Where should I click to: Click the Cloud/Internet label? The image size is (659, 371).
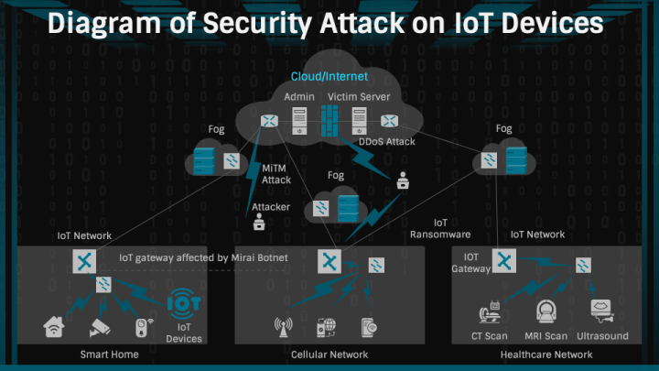tap(329, 76)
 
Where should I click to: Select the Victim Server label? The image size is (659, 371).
tap(359, 96)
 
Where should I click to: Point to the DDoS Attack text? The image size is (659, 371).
tap(386, 141)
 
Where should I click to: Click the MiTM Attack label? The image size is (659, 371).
tap(275, 174)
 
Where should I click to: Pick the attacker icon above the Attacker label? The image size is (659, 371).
tap(259, 223)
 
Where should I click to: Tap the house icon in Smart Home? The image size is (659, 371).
tap(54, 326)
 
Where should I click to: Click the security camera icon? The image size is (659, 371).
tap(99, 326)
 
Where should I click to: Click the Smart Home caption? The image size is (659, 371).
tap(109, 355)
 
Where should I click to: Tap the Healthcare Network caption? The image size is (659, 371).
tap(550, 355)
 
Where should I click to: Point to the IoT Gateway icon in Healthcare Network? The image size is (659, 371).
tap(501, 262)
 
